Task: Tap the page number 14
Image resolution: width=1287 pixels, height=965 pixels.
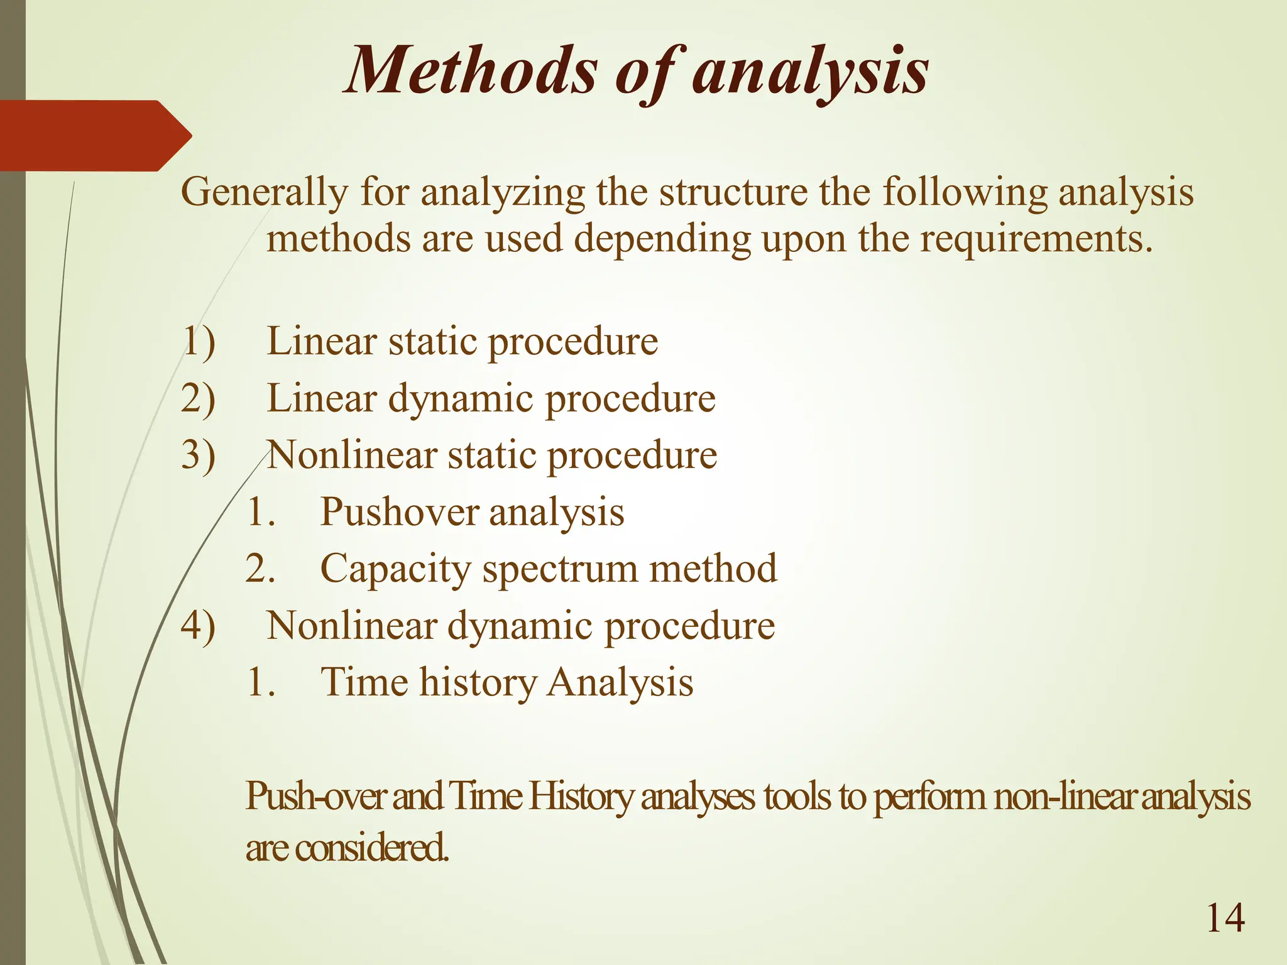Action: [1225, 918]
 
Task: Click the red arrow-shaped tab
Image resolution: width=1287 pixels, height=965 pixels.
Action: [94, 136]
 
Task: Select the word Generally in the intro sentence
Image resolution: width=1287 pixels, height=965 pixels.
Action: [264, 192]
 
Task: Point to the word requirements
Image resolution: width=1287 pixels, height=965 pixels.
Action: [1037, 239]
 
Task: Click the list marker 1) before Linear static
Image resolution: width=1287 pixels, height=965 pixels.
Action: [198, 342]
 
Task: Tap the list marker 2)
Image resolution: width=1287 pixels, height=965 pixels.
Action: [198, 399]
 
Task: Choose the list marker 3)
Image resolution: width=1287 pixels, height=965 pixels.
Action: [198, 455]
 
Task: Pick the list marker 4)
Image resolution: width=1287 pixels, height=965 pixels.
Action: [198, 626]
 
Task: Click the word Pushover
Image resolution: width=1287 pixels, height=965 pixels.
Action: [399, 512]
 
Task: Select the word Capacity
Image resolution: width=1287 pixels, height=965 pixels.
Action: [395, 569]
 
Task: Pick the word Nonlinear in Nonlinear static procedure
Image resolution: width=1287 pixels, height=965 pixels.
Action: [352, 455]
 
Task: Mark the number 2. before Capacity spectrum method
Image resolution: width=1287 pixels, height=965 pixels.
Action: [260, 569]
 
